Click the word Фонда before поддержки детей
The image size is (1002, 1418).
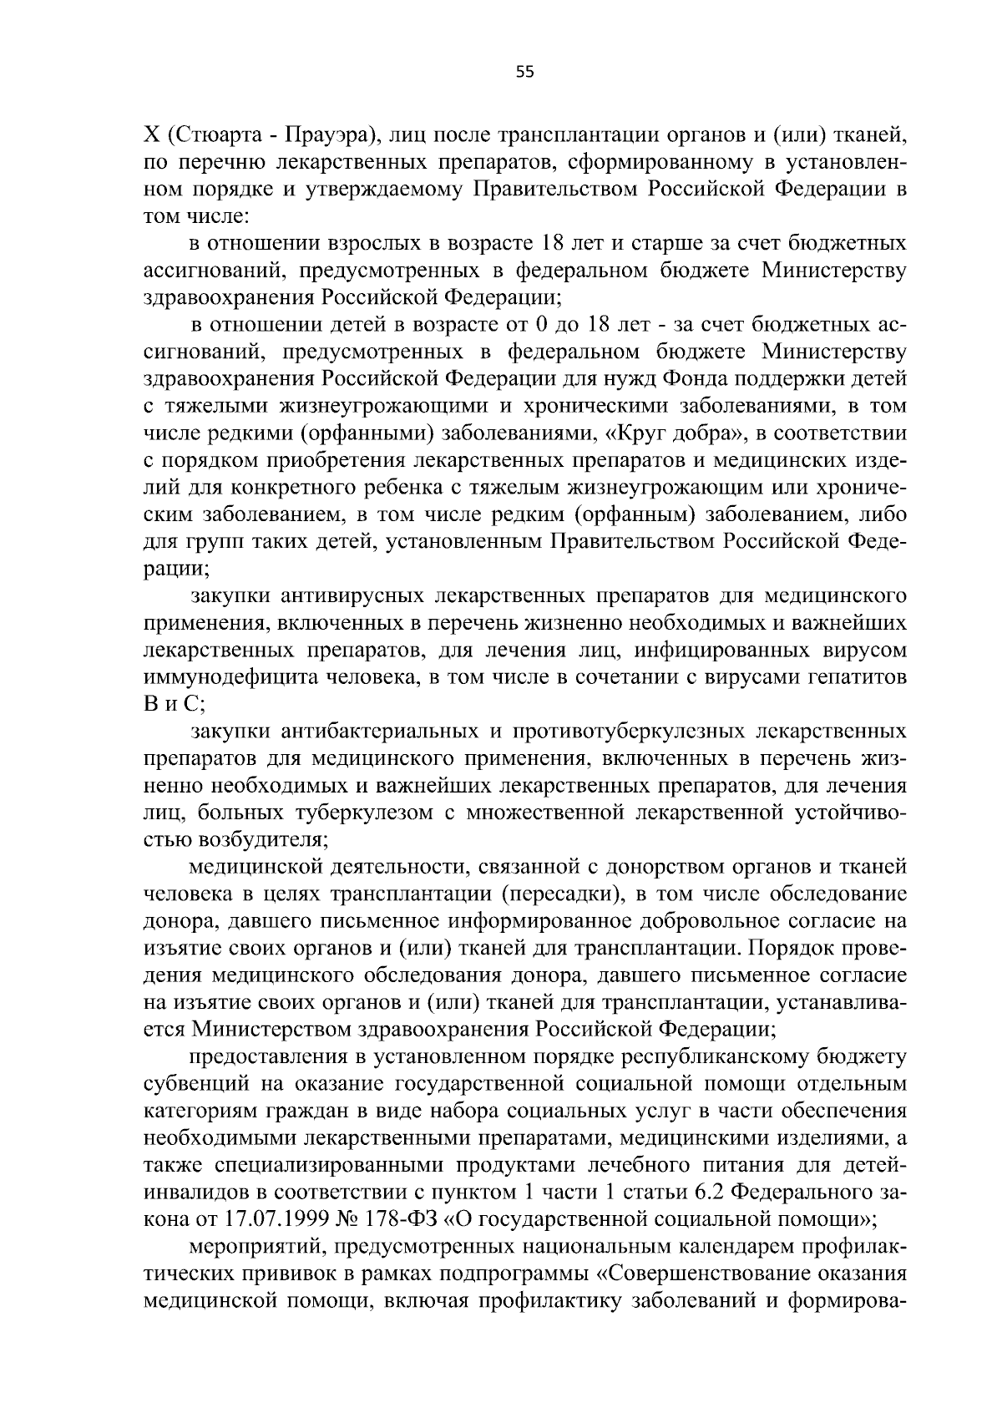[x=698, y=380]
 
